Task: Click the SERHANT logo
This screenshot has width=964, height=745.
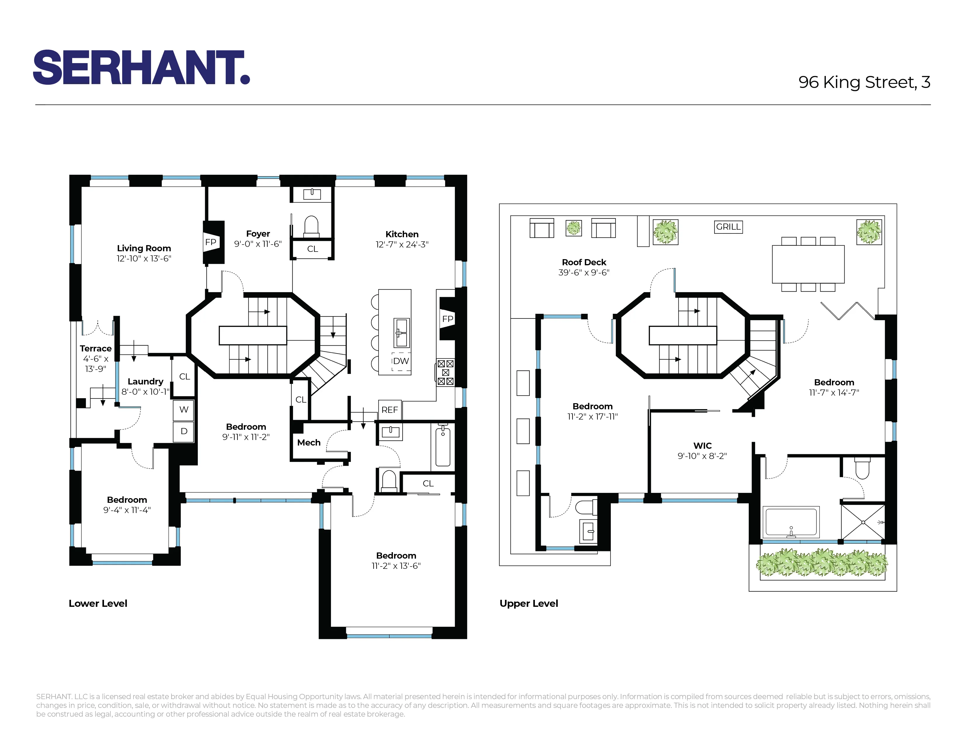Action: click(x=141, y=67)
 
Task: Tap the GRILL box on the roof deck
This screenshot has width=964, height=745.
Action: click(x=728, y=227)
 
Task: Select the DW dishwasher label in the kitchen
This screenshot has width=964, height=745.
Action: click(x=401, y=361)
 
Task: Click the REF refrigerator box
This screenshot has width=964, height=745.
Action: click(x=389, y=410)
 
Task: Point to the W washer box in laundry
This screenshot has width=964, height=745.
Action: click(x=184, y=410)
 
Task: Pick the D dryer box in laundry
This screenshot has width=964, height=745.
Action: click(x=184, y=431)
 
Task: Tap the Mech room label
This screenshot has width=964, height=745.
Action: click(x=308, y=443)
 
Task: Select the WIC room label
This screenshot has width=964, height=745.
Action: click(x=702, y=446)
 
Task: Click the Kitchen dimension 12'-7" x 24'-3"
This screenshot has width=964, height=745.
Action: click(x=402, y=245)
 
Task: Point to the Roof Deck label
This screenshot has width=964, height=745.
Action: click(x=584, y=262)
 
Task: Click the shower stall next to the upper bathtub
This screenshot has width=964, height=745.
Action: click(x=863, y=522)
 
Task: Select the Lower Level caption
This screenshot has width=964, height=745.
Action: click(x=98, y=603)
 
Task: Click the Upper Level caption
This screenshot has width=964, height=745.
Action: click(x=528, y=603)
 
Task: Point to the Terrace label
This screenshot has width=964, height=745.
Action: click(x=95, y=349)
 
